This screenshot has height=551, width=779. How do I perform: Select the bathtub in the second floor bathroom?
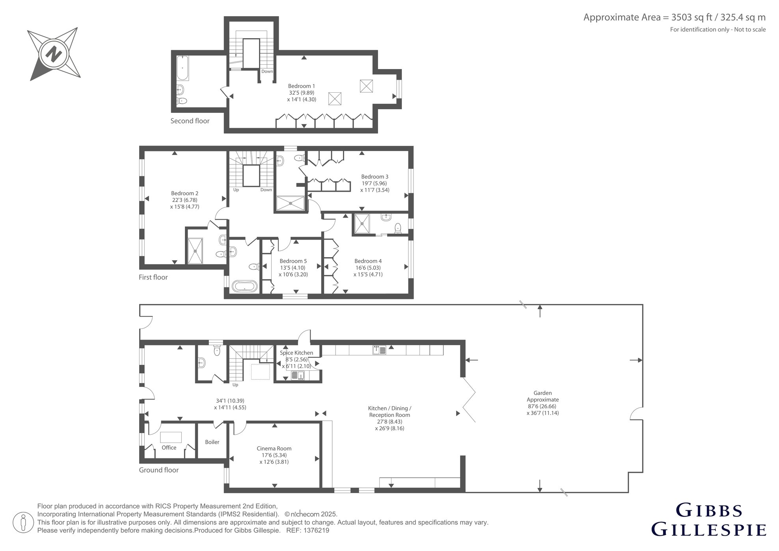[182, 68]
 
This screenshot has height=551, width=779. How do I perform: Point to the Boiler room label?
[212, 442]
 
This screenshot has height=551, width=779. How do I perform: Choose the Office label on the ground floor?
[169, 448]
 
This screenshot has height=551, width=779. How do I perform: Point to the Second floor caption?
[190, 121]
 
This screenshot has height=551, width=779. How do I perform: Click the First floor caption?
[153, 277]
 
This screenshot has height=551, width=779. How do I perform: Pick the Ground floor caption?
[159, 470]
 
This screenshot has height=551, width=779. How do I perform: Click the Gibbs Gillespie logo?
[709, 520]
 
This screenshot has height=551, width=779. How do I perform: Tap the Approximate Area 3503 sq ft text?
[675, 17]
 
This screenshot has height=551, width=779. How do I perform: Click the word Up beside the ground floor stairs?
[235, 385]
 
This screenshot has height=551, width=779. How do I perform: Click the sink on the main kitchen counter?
[380, 350]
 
